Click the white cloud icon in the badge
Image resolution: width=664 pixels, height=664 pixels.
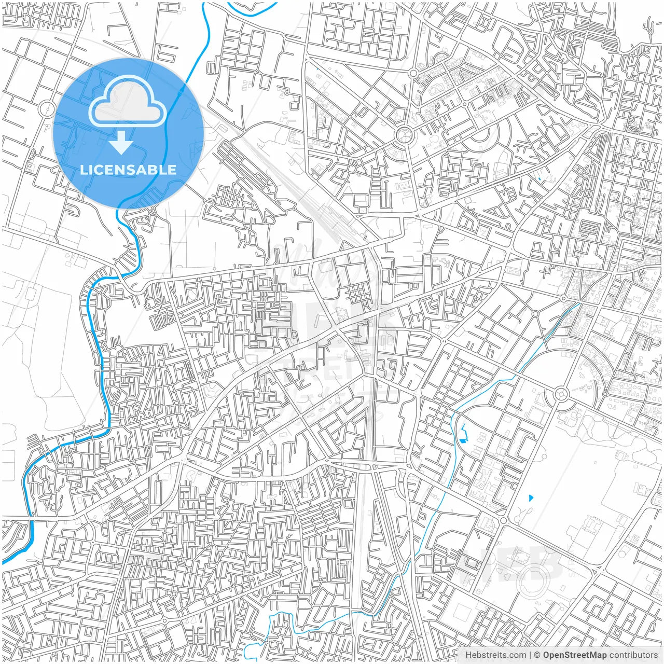click(x=128, y=103)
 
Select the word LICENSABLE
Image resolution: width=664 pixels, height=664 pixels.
click(x=128, y=170)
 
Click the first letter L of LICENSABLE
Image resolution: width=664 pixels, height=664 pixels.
click(x=83, y=170)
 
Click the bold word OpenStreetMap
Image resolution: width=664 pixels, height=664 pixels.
click(x=574, y=655)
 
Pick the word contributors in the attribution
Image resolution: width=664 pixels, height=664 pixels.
click(x=633, y=655)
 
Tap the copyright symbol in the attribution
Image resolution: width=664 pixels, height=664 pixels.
click(x=537, y=655)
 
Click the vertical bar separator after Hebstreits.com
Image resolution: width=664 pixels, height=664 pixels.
click(x=530, y=655)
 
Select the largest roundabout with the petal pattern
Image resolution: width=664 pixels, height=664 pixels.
click(x=403, y=136)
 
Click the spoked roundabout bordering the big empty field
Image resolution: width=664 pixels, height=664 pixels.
click(x=561, y=394)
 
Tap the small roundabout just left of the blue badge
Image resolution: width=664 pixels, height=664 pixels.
click(x=47, y=109)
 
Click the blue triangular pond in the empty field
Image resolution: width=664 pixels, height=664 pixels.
click(x=530, y=498)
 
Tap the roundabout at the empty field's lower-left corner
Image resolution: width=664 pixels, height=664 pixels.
click(x=503, y=520)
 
